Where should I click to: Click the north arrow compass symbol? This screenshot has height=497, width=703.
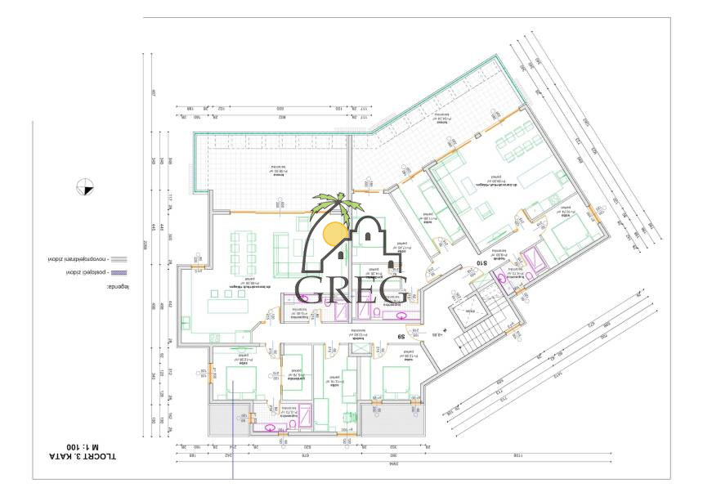(83, 187)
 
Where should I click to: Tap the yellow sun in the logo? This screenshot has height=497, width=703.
(334, 235)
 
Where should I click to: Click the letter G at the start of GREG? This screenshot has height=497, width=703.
(311, 287)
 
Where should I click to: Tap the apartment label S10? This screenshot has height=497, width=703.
(482, 264)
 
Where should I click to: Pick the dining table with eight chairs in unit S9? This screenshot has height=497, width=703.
(244, 245)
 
